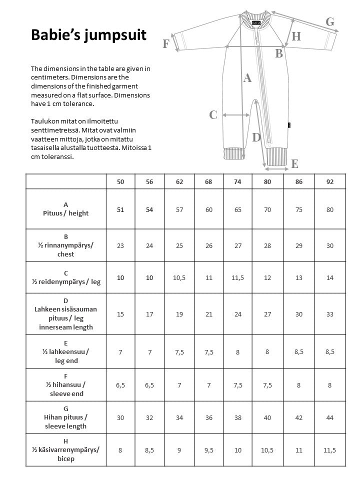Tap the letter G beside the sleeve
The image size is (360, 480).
pyautogui.click(x=329, y=22)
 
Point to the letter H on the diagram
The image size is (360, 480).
pyautogui.click(x=296, y=36)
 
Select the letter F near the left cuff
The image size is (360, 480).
pyautogui.click(x=166, y=44)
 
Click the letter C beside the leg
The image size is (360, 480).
pyautogui.click(x=213, y=115)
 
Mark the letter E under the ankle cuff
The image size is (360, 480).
pyautogui.click(x=295, y=163)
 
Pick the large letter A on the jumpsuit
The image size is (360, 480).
pyautogui.click(x=247, y=78)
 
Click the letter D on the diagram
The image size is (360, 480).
pyautogui.click(x=256, y=137)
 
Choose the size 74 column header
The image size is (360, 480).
pyautogui.click(x=237, y=181)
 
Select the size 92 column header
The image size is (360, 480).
pyautogui.click(x=329, y=181)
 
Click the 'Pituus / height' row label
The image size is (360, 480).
pyautogui.click(x=66, y=209)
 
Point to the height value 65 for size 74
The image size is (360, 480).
pyautogui.click(x=237, y=209)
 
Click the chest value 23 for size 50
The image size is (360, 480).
pyautogui.click(x=120, y=246)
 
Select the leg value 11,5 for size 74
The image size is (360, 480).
pyautogui.click(x=237, y=277)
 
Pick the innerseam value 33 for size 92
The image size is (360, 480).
pyautogui.click(x=329, y=314)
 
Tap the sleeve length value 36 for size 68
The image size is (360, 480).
pyautogui.click(x=208, y=417)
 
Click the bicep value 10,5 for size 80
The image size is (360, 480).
pyautogui.click(x=267, y=450)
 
